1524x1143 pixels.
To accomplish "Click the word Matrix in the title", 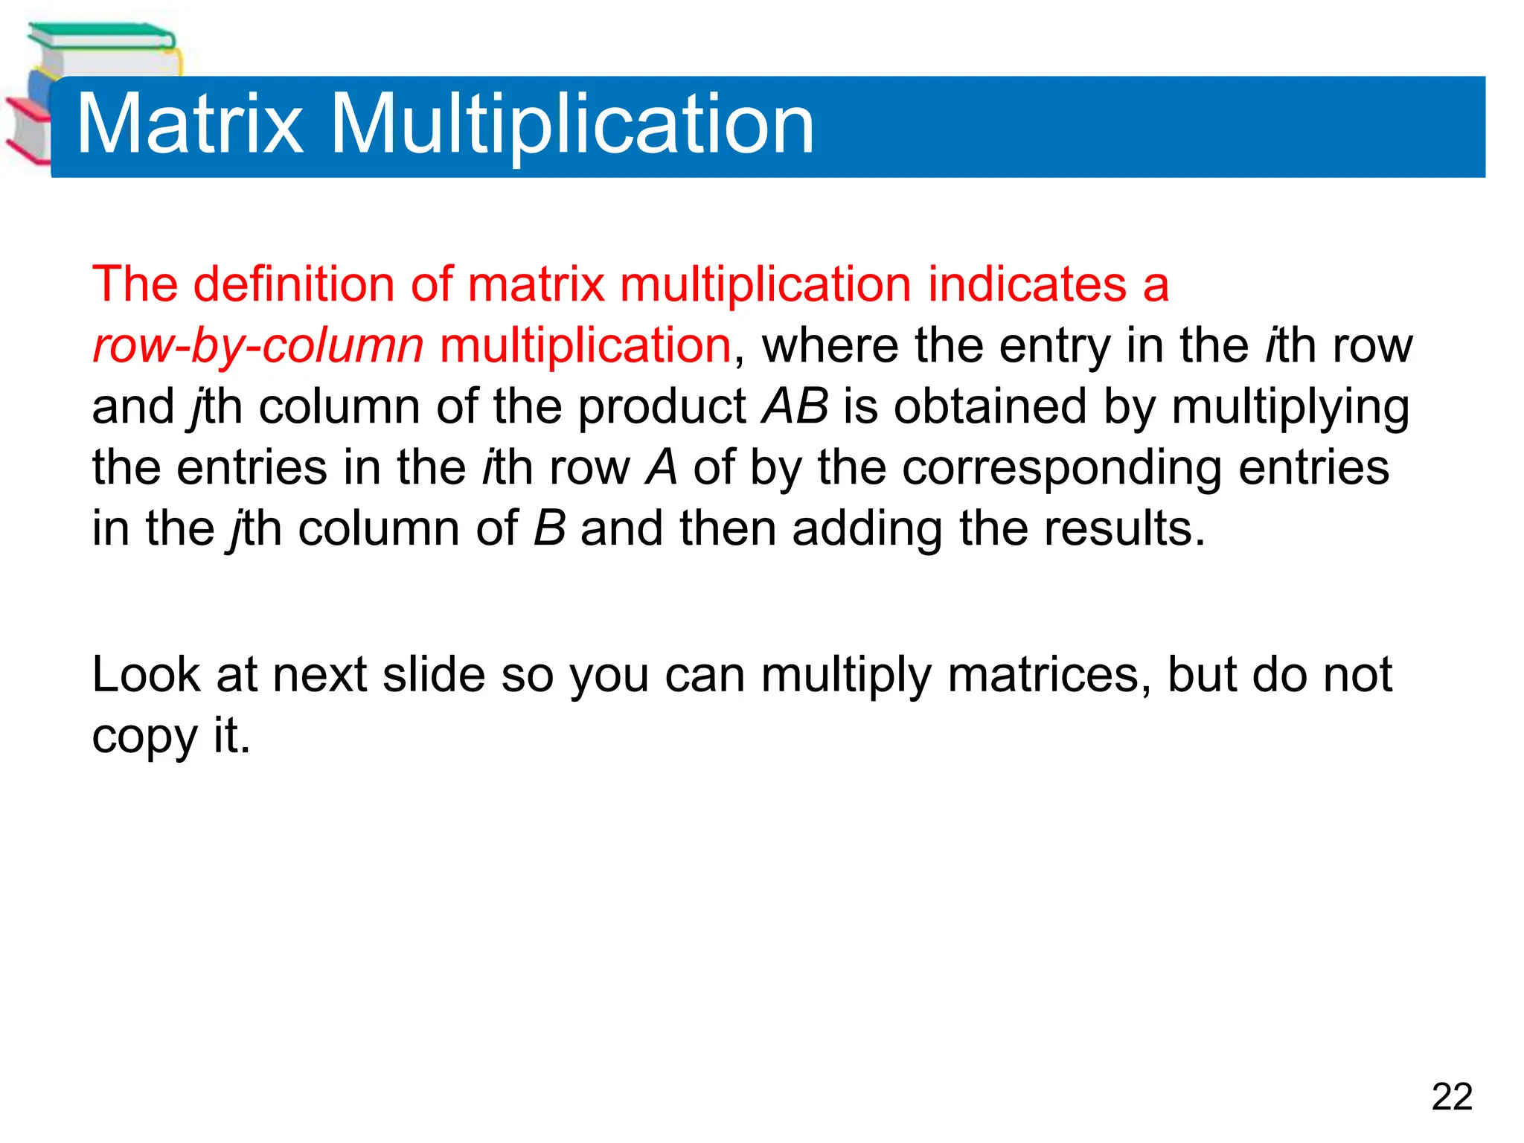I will click(190, 124).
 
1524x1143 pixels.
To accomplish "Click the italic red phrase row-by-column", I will click(257, 347).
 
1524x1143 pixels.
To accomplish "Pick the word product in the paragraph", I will click(662, 408).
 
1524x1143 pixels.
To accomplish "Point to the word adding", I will click(867, 530).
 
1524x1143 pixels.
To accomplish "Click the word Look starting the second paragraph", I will click(146, 676).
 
